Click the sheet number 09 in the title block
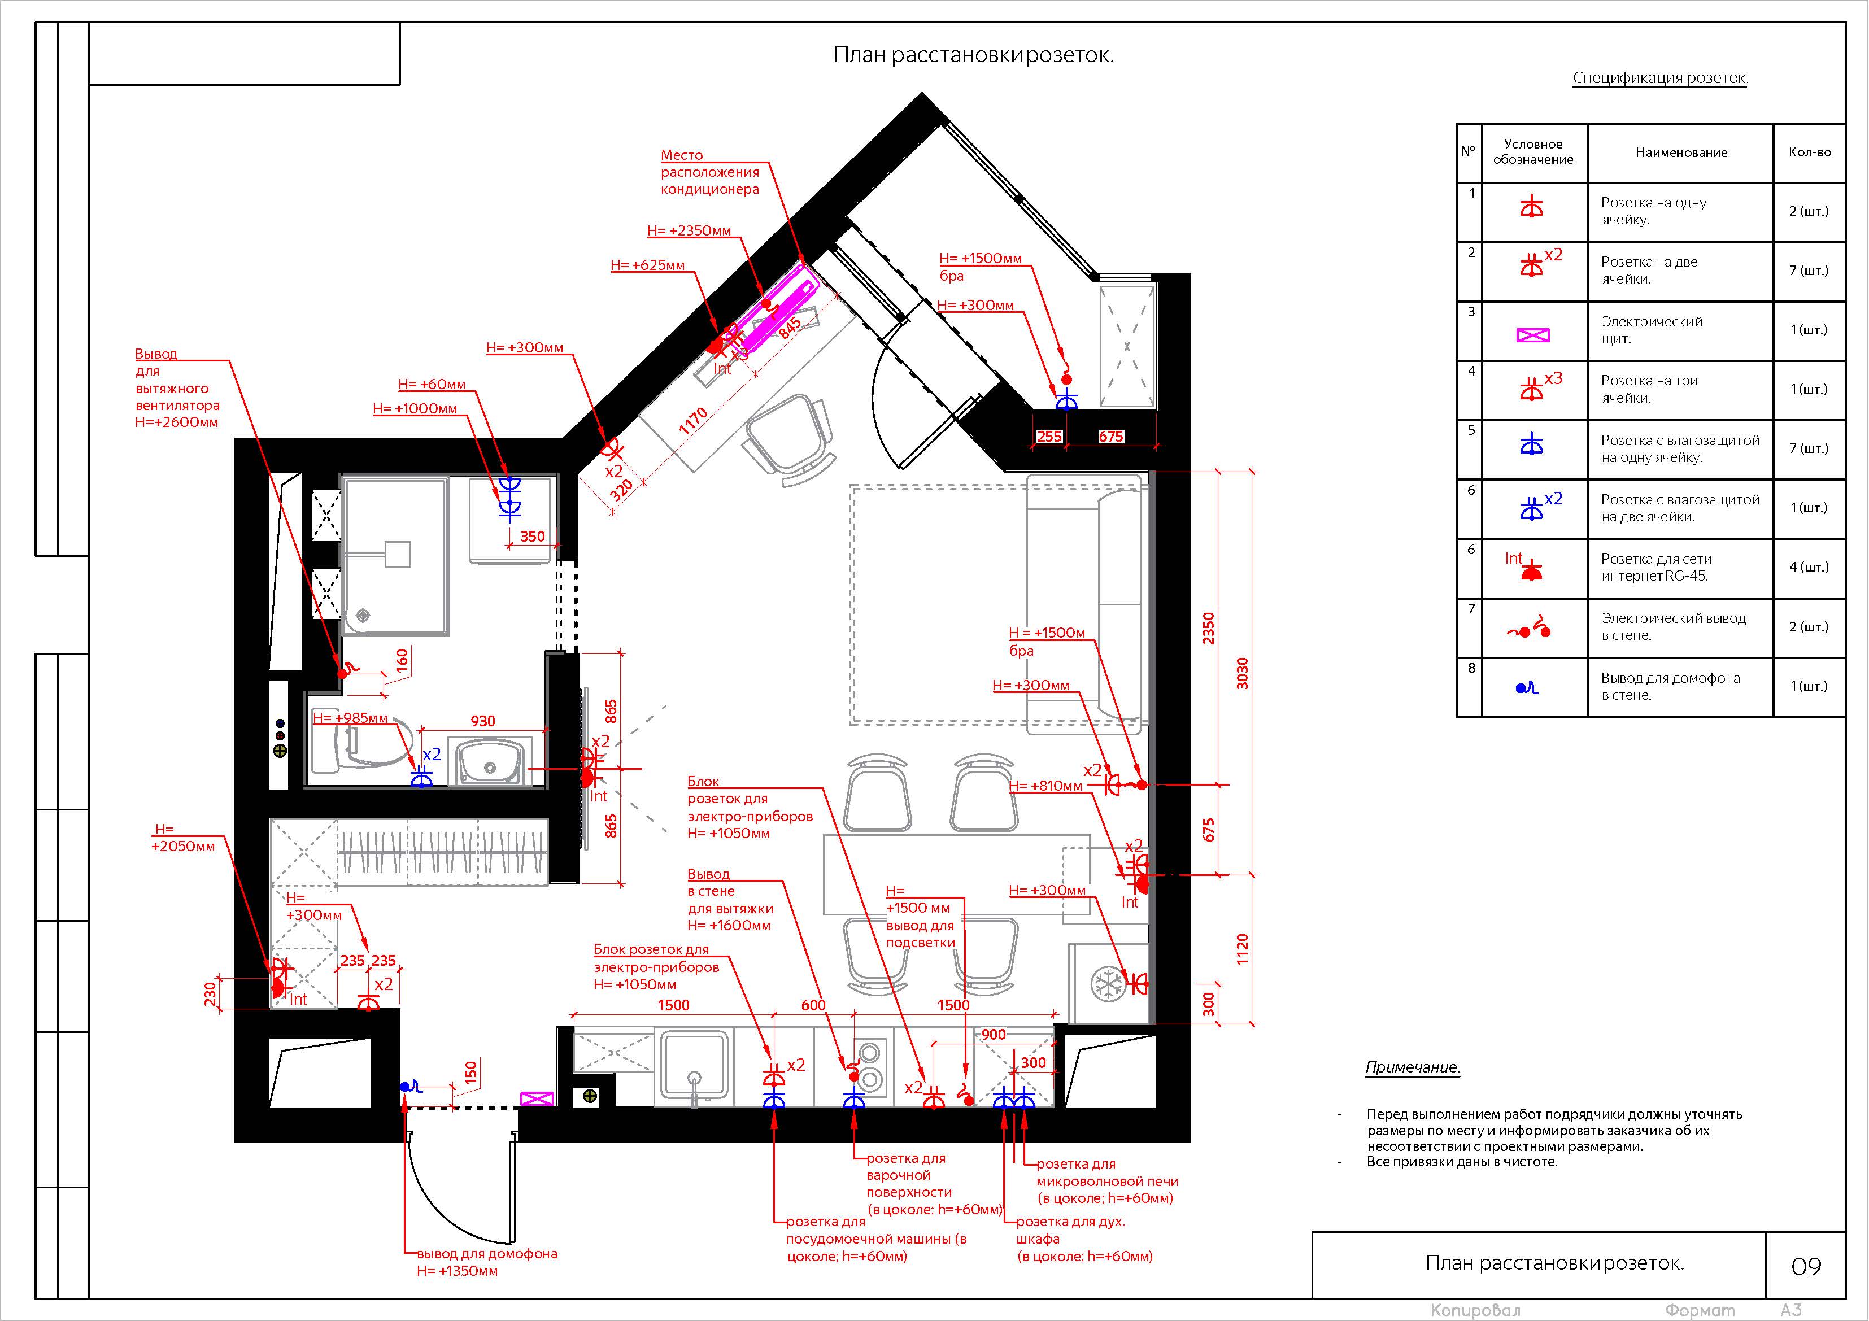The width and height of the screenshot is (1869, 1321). click(x=1806, y=1266)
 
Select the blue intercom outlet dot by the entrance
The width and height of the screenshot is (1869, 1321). click(x=404, y=1087)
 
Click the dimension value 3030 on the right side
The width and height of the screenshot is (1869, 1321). click(x=1242, y=673)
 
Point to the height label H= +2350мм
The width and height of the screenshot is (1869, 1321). click(x=690, y=230)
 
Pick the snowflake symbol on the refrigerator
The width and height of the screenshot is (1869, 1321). click(x=1107, y=984)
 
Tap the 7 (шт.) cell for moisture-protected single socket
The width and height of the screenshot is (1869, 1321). click(x=1809, y=448)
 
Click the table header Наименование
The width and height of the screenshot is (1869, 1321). click(x=1681, y=152)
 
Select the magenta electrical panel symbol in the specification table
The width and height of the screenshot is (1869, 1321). click(x=1533, y=334)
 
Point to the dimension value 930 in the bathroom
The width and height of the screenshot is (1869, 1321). click(x=483, y=721)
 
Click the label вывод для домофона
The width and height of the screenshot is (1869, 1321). click(x=487, y=1253)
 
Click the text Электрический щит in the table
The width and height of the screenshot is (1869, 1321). click(x=1652, y=330)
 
